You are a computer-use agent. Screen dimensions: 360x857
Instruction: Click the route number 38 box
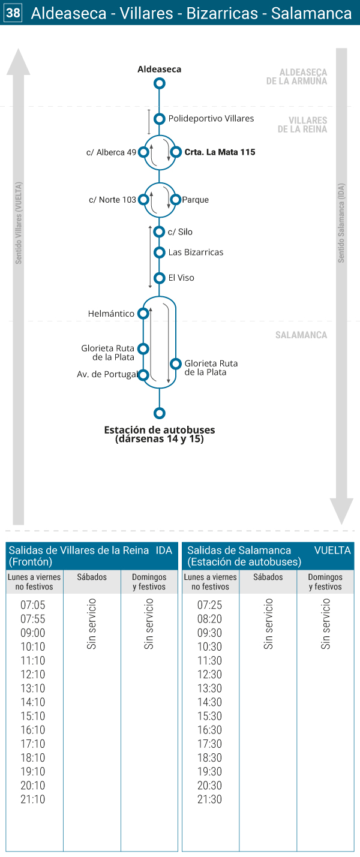[13, 13]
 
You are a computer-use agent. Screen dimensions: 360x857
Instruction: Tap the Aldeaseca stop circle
[160, 83]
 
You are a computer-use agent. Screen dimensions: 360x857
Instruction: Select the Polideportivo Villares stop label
[211, 119]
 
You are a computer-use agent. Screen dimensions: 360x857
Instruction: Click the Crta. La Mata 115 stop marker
[176, 152]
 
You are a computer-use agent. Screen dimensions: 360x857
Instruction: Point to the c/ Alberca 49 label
[112, 152]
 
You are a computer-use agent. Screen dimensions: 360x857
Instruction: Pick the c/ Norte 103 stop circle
[143, 199]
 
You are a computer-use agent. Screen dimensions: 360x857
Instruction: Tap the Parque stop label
[196, 200]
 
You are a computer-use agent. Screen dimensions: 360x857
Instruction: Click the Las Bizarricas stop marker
[160, 252]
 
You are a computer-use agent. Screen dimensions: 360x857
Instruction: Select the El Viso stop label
[181, 278]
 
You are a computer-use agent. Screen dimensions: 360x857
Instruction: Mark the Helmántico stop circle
[143, 314]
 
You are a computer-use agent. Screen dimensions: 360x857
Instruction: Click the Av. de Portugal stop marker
[143, 375]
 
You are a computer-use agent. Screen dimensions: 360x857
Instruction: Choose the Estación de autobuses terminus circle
[160, 413]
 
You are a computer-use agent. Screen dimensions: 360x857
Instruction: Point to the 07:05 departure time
[33, 605]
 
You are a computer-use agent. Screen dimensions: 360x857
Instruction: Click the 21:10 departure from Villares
[33, 799]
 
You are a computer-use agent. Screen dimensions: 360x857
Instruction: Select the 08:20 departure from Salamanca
[209, 619]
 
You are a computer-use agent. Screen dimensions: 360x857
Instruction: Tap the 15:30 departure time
[209, 716]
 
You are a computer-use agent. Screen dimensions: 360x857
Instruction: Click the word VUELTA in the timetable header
[332, 550]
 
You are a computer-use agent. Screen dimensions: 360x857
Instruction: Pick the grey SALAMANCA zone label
[301, 335]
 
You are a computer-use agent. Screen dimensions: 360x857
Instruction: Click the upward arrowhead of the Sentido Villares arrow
[19, 61]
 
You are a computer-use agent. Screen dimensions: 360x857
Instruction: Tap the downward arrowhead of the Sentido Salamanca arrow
[341, 511]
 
